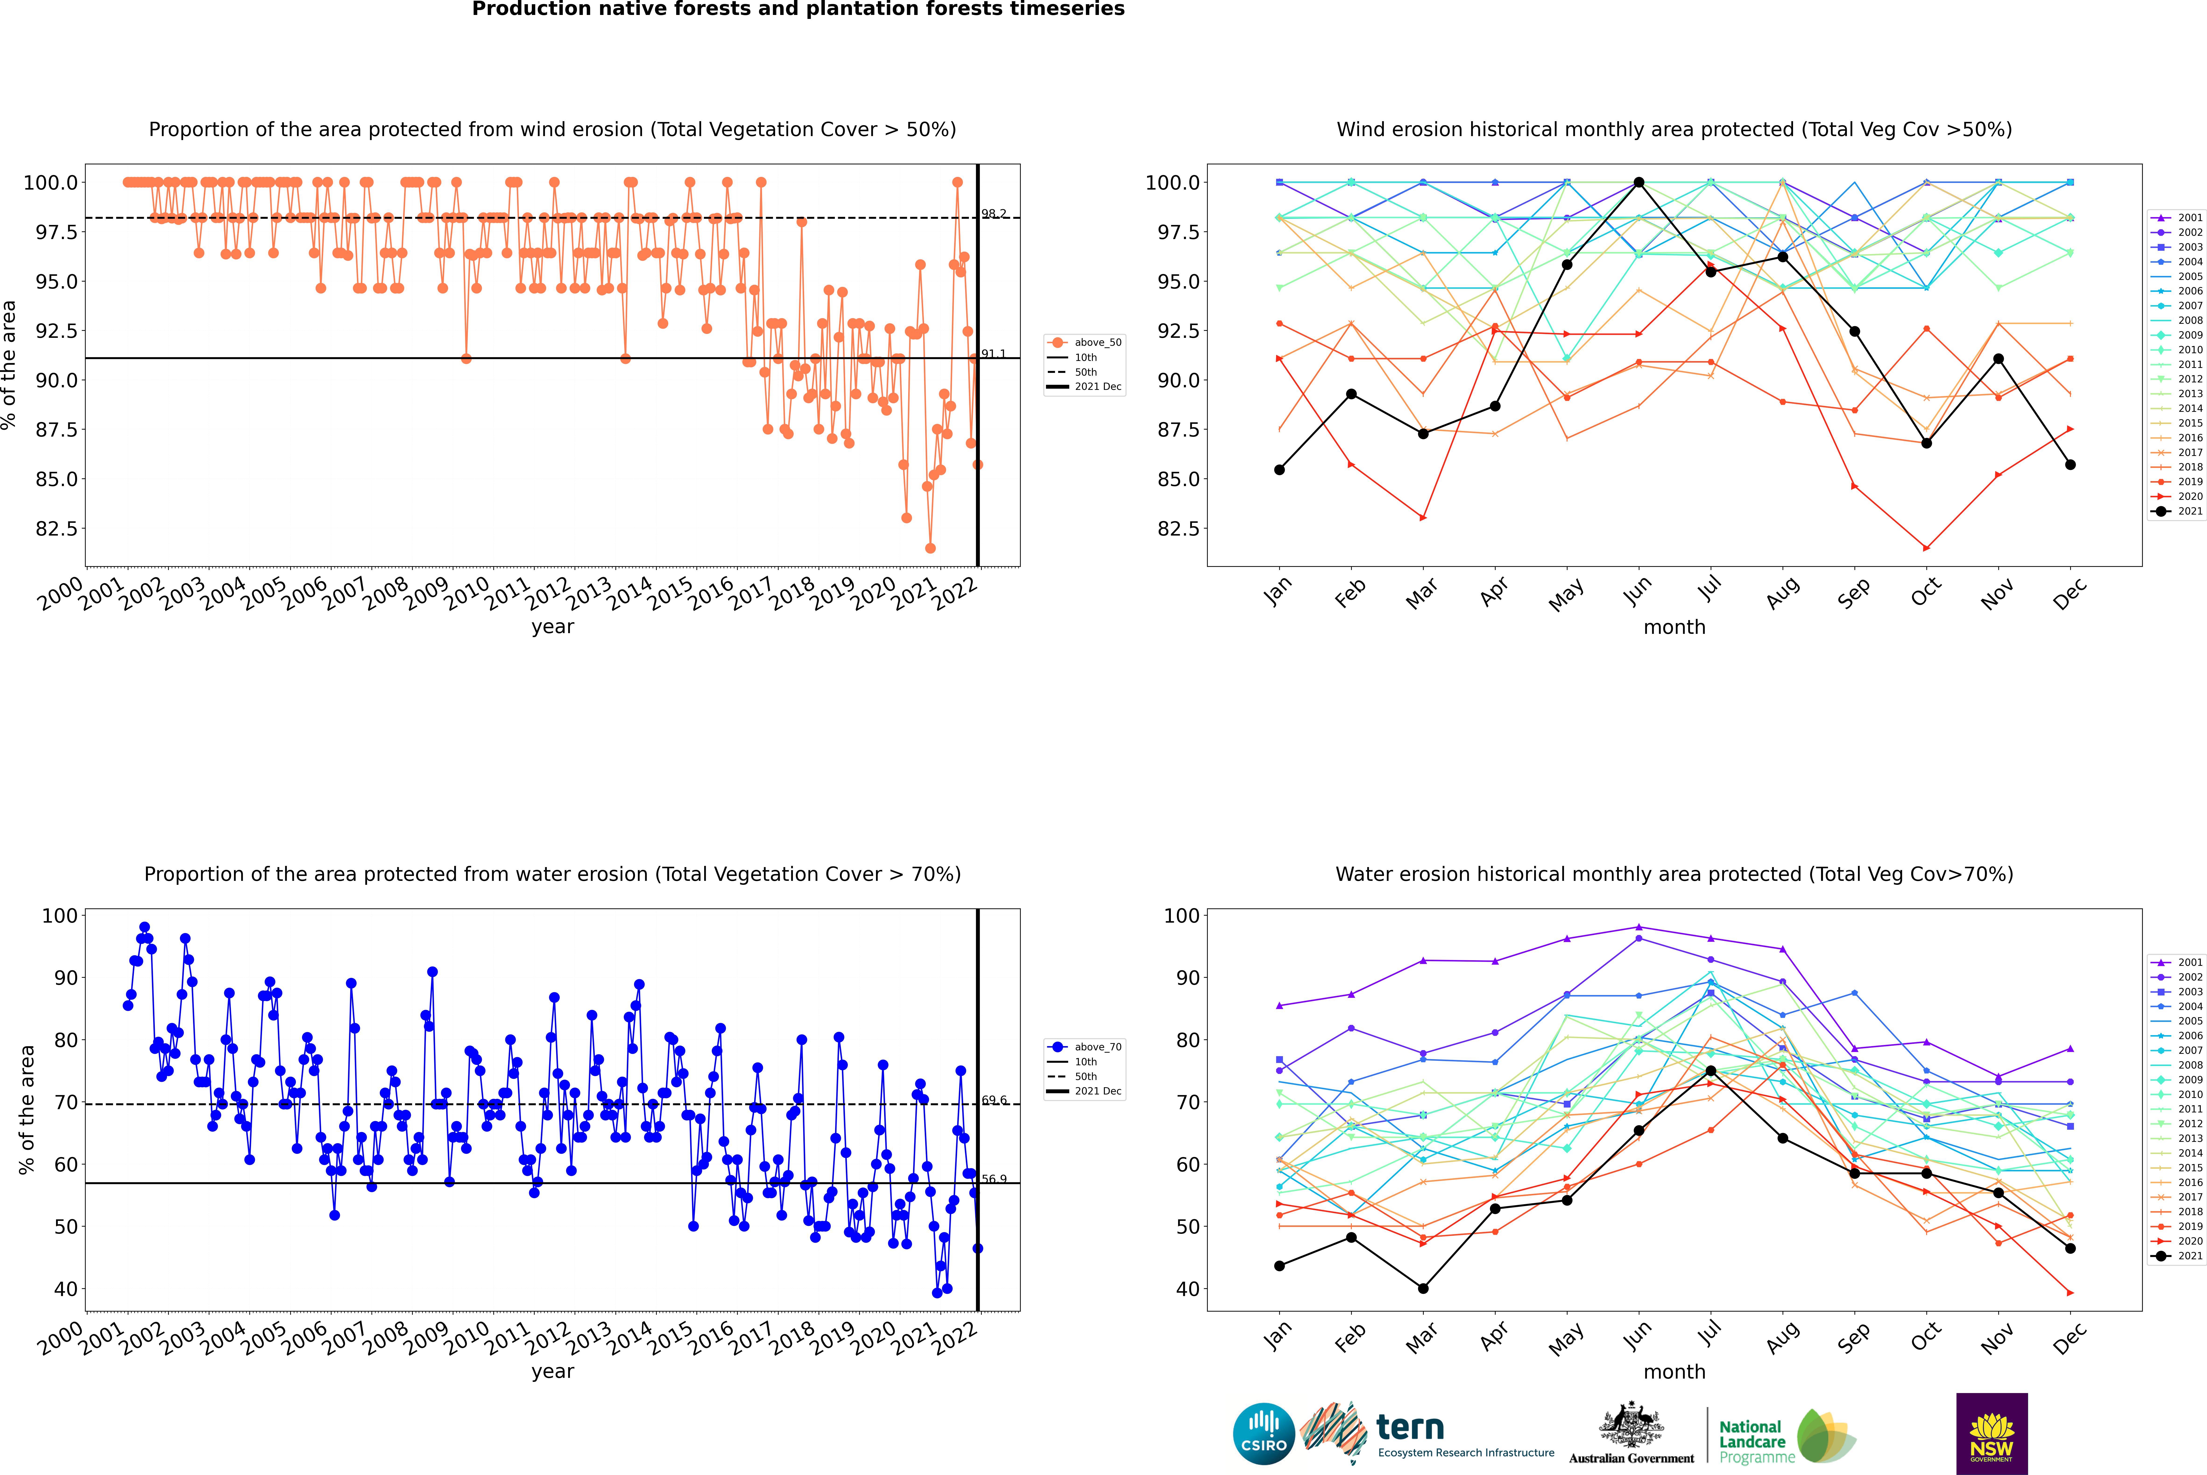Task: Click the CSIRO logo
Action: (1264, 1434)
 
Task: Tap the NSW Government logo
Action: (1992, 1434)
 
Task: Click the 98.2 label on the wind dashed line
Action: (993, 214)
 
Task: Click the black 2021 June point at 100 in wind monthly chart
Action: (1639, 183)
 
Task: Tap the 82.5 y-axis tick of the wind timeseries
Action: (56, 529)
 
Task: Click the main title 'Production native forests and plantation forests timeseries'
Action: (798, 9)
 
